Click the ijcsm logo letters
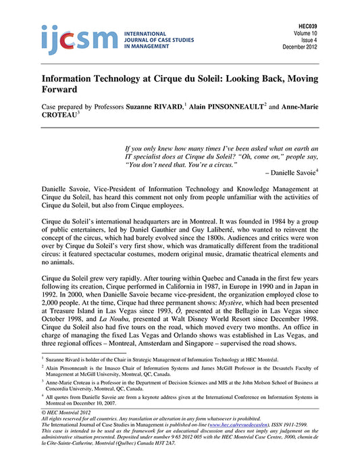(67, 38)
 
